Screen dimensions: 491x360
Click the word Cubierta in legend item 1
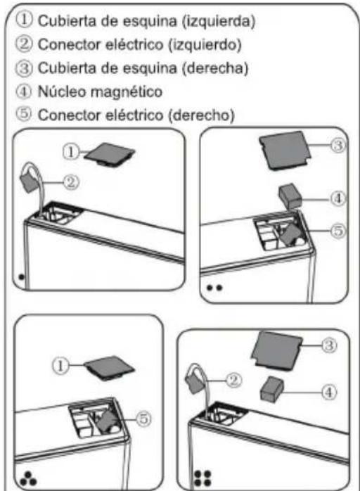coord(61,20)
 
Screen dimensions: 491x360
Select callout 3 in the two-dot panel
coord(337,146)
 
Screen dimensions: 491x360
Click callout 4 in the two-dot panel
coord(338,199)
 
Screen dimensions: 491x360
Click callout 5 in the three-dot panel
coord(143,419)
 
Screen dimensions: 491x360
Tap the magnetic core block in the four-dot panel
coord(274,389)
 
